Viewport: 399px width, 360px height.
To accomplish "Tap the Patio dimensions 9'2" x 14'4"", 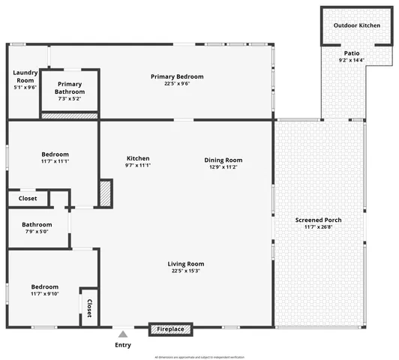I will [x=351, y=61].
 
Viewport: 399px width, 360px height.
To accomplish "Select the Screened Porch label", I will [x=318, y=220].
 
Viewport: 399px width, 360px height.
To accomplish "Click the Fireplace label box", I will [x=171, y=328].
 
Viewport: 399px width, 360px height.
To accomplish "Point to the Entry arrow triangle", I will [x=123, y=334].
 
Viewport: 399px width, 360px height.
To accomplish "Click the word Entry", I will [x=123, y=345].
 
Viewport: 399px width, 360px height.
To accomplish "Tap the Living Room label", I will [x=185, y=264].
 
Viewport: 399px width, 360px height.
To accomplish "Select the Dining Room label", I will [x=223, y=160].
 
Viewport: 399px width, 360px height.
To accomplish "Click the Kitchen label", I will [x=138, y=158].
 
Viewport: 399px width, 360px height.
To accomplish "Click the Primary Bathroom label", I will [x=70, y=88].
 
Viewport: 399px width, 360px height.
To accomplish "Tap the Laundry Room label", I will [x=25, y=76].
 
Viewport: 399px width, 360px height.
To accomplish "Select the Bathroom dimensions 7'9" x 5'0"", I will [x=37, y=232].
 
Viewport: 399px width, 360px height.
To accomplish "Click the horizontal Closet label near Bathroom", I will [x=28, y=199].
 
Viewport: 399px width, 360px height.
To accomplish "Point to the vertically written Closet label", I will [x=89, y=307].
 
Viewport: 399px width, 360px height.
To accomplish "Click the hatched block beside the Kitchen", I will [x=104, y=194].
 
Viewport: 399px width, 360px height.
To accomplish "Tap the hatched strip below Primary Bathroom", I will [x=70, y=115].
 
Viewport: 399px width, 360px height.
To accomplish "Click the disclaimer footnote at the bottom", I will [x=199, y=356].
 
